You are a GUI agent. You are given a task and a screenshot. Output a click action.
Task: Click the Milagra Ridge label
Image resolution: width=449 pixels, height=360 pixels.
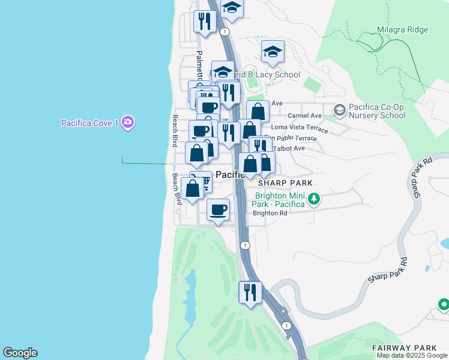pyautogui.click(x=403, y=29)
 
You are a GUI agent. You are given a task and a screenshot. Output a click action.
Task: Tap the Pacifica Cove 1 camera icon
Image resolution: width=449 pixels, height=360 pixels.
pyautogui.click(x=127, y=122)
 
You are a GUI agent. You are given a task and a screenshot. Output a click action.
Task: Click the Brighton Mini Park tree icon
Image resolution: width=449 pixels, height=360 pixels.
pyautogui.click(x=313, y=199)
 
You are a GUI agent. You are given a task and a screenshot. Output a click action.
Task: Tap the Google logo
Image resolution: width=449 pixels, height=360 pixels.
pyautogui.click(x=20, y=353)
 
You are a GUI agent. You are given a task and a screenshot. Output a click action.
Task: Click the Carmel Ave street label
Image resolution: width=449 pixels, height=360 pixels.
pyautogui.click(x=304, y=115)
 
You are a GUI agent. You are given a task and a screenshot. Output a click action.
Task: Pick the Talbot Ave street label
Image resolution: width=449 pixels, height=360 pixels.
pyautogui.click(x=289, y=148)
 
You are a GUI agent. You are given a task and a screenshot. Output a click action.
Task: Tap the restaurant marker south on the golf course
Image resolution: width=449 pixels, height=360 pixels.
pyautogui.click(x=250, y=292)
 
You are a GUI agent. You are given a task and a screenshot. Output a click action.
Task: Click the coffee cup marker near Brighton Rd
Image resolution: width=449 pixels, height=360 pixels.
pyautogui.click(x=218, y=209)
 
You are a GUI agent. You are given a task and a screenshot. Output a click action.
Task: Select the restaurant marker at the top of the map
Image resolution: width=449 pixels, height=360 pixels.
pyautogui.click(x=204, y=22)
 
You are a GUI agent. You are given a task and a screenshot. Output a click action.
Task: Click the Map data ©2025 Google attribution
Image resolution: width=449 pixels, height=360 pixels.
pyautogui.click(x=412, y=355)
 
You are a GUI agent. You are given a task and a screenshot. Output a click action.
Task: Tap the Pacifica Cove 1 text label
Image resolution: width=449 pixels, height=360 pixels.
pyautogui.click(x=89, y=123)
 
